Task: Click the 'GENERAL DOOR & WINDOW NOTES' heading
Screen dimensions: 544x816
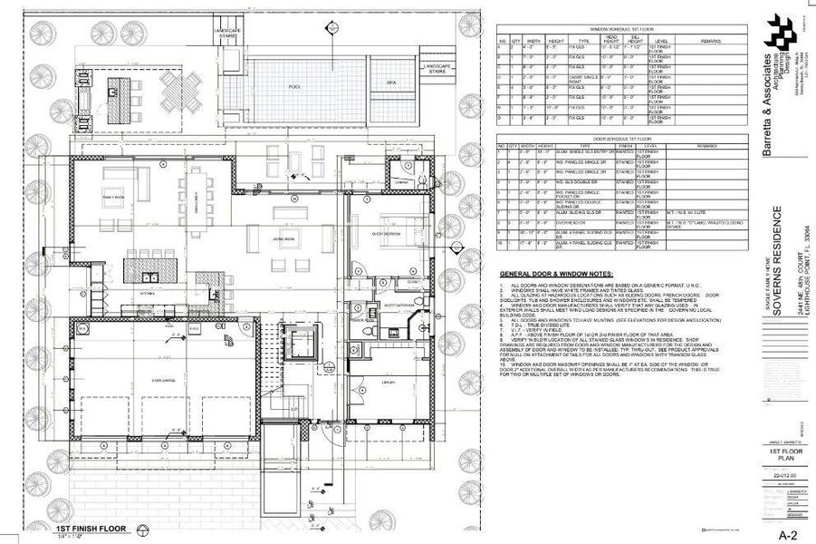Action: [x=556, y=274]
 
